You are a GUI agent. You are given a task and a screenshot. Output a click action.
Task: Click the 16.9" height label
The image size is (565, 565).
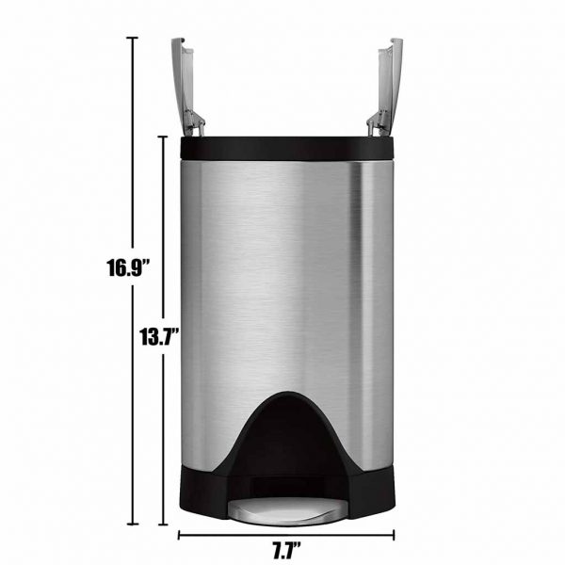point(129,268)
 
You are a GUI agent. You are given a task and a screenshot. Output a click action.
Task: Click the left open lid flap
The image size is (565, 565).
point(179,75)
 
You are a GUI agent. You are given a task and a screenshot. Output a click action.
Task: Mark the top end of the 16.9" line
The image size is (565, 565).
point(133,39)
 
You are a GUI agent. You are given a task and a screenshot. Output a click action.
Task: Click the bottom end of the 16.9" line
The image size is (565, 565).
point(133,523)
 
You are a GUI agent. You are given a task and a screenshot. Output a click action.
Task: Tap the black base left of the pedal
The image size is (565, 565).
point(202,499)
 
